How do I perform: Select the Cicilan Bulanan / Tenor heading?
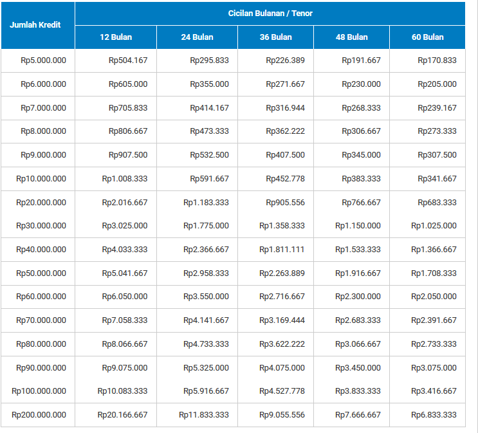270,14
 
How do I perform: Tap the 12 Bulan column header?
116,37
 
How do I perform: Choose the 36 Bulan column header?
275,37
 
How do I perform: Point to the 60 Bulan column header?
428,37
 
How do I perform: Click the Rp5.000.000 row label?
43,60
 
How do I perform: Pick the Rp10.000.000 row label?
41,179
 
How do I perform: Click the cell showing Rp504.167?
128,60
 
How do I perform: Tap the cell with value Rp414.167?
209,108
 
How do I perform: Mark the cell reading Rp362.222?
285,131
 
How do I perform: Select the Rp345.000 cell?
361,155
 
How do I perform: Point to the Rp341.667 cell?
437,179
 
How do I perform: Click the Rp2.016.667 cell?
125,203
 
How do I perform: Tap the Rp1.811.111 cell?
282,250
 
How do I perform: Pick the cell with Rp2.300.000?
358,297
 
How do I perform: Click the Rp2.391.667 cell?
434,320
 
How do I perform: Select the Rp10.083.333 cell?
122,391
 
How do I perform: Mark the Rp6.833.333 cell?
434,415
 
